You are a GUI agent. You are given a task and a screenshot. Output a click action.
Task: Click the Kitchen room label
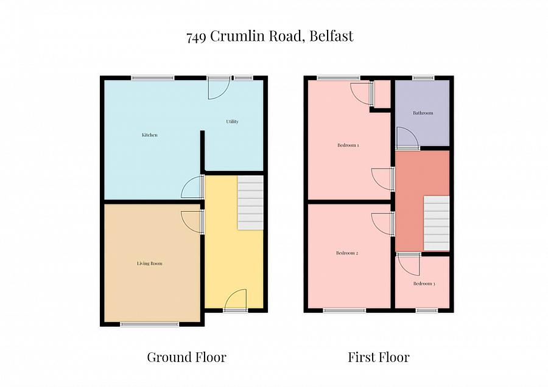click(150, 135)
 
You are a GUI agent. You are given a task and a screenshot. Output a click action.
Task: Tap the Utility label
click(232, 122)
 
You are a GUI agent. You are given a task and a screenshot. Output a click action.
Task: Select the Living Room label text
click(149, 263)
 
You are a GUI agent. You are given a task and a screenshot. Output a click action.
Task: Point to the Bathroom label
click(423, 113)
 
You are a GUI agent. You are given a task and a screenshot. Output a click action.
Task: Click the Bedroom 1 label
click(348, 145)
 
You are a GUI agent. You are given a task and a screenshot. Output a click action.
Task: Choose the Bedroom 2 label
click(347, 253)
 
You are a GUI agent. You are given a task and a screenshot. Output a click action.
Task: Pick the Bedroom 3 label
click(424, 284)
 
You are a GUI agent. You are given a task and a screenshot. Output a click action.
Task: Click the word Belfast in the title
click(331, 36)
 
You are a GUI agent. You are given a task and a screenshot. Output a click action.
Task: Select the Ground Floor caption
click(186, 357)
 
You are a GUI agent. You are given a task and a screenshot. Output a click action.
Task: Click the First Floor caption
click(379, 357)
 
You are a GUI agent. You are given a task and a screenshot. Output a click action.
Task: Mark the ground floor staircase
click(250, 203)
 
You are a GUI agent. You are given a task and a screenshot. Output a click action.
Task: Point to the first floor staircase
click(436, 223)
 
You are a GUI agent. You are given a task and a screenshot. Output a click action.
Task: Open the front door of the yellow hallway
click(235, 301)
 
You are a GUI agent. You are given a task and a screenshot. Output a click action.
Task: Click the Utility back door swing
click(218, 88)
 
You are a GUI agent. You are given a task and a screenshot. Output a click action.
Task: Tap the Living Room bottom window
click(150, 324)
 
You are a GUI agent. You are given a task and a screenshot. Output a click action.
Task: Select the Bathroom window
click(423, 78)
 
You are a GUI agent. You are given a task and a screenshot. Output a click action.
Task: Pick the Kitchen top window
click(153, 78)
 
